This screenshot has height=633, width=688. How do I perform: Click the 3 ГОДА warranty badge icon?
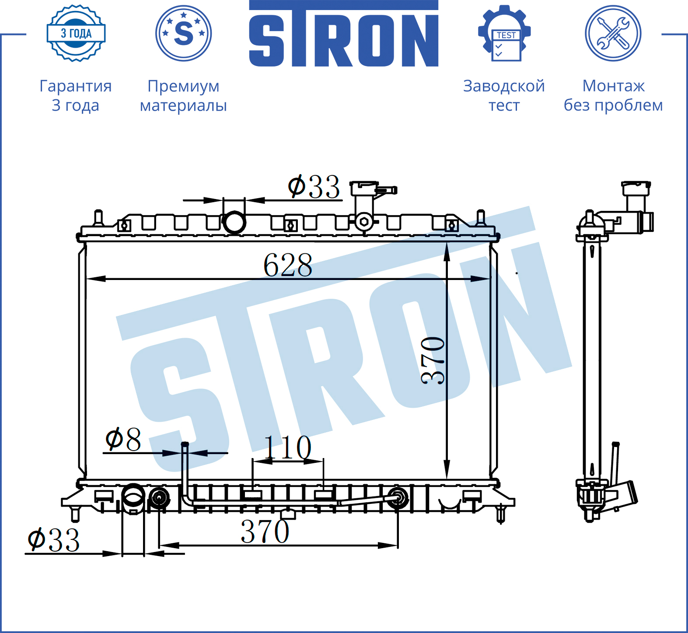click(x=76, y=33)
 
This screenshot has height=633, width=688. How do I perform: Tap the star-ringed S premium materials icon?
click(x=184, y=33)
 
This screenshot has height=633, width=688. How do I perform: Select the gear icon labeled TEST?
click(x=504, y=33)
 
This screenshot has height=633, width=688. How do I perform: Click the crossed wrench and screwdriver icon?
click(x=613, y=33)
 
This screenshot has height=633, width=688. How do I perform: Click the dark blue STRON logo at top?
click(x=344, y=34)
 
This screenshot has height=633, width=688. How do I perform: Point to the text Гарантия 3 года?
click(x=76, y=95)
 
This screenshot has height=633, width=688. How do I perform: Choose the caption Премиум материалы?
click(x=183, y=95)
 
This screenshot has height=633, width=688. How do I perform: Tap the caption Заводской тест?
click(x=504, y=95)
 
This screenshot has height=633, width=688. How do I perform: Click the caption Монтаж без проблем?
click(x=613, y=95)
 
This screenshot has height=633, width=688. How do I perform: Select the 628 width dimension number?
click(x=288, y=265)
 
